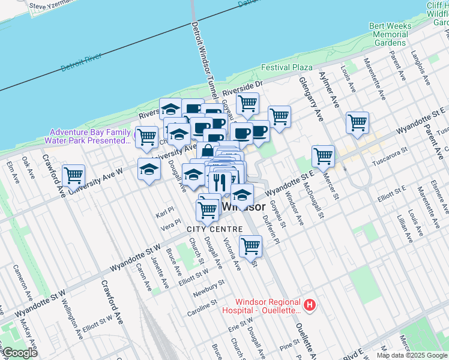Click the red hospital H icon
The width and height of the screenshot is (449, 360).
310,306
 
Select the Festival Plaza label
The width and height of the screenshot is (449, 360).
286,67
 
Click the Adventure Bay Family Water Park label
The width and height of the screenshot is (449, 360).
90,136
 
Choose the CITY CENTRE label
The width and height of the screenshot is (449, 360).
214,229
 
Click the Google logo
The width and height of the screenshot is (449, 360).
19,353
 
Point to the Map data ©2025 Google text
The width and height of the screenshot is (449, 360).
412,355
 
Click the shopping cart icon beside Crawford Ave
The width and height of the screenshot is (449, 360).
73,176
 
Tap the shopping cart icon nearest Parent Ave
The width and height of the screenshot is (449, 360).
358,122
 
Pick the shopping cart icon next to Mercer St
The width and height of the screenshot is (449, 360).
323,156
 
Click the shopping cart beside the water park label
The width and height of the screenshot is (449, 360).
146,136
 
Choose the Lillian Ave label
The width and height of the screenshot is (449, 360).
402,230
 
